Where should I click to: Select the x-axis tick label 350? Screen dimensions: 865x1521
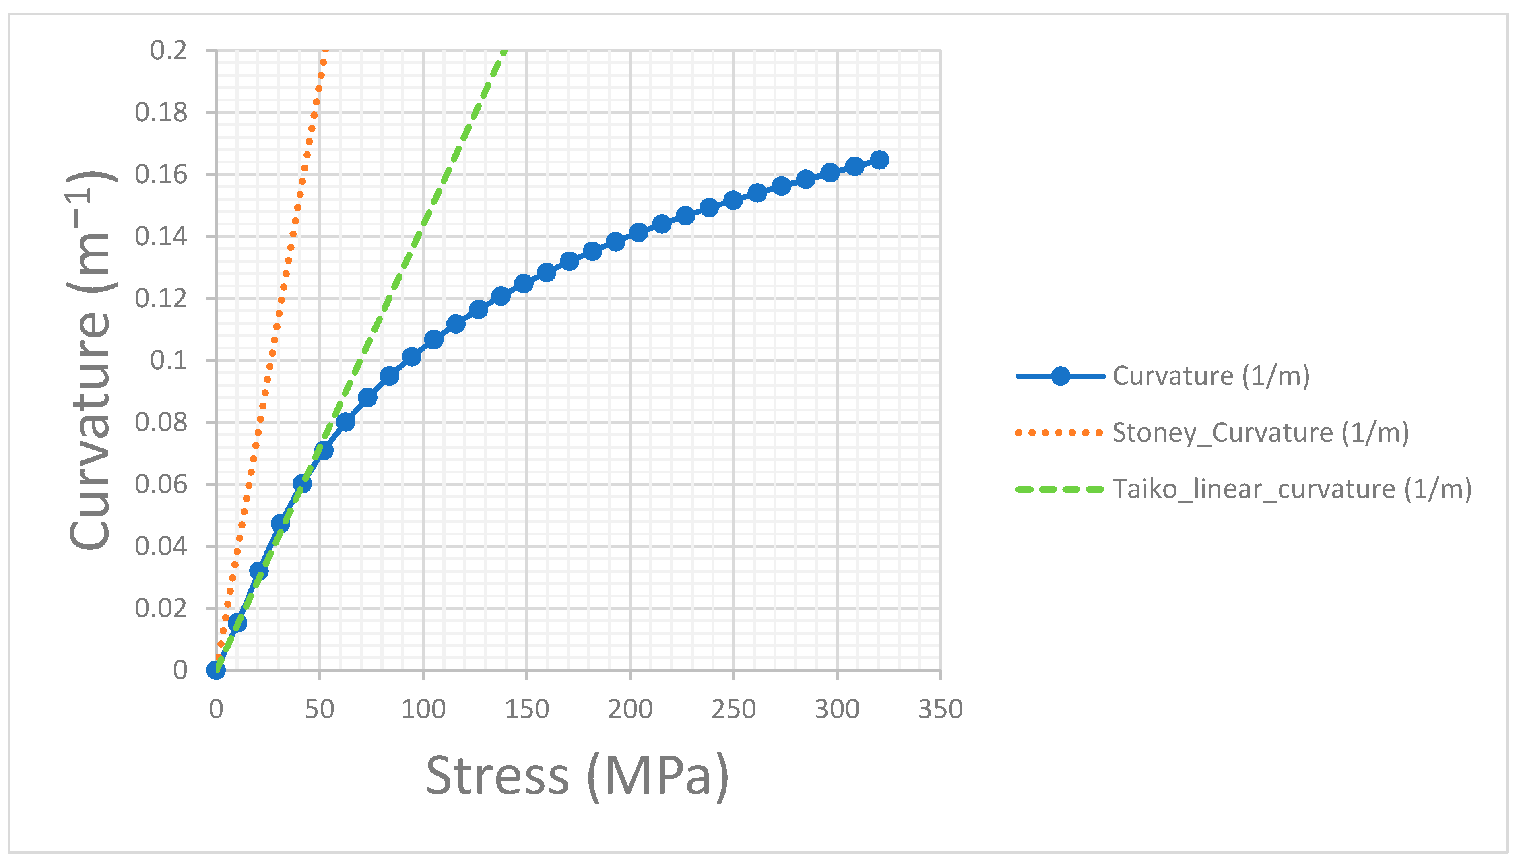[940, 709]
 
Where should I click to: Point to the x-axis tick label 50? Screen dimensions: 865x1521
[320, 709]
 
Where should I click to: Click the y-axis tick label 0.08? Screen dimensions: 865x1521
[161, 422]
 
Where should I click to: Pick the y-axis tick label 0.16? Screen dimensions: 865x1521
[161, 175]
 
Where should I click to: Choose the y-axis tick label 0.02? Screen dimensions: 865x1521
[161, 608]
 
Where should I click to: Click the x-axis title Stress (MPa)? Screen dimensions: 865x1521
[577, 776]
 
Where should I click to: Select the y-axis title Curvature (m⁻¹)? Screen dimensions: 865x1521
[90, 361]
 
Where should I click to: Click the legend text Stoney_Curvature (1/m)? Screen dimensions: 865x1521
[1260, 432]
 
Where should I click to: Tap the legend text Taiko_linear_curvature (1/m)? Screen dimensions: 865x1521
[1292, 489]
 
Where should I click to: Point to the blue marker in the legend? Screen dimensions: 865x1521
[1060, 376]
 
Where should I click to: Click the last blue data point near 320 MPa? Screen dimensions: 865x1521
[879, 160]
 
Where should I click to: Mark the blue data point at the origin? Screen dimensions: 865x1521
[216, 670]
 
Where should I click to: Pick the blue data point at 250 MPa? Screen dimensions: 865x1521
[733, 200]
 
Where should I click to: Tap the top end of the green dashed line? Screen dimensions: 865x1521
[504, 52]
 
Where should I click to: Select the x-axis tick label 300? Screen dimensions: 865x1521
[837, 709]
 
